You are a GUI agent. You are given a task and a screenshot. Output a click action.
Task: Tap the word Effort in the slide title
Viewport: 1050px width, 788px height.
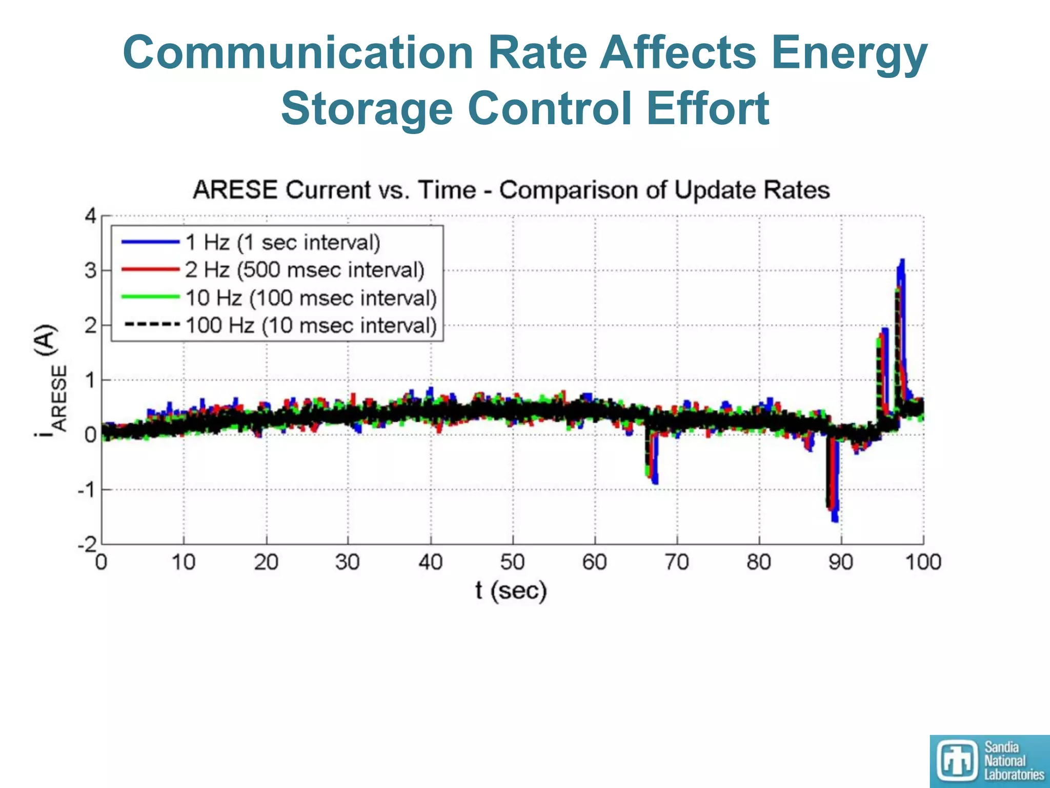[708, 109]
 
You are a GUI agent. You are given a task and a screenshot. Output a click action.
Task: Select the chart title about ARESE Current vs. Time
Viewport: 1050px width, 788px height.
[511, 190]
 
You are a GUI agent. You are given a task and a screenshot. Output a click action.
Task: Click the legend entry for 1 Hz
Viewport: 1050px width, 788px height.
[282, 242]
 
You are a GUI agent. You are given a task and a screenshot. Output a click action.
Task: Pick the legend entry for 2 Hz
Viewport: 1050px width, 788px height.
[305, 270]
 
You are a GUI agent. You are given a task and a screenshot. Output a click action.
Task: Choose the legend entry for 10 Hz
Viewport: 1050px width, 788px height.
[311, 298]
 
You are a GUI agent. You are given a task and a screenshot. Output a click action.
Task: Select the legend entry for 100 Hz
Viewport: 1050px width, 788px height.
[311, 326]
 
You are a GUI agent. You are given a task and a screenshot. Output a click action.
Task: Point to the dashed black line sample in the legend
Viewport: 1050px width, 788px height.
[151, 325]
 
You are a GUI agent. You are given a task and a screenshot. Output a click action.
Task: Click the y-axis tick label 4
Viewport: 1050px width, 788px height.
[90, 216]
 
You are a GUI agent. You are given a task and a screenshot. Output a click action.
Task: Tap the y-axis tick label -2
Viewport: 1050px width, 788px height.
[87, 544]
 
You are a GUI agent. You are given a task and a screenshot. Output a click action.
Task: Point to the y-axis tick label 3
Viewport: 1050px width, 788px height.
[90, 270]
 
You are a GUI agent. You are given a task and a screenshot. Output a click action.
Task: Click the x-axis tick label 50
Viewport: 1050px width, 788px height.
[512, 563]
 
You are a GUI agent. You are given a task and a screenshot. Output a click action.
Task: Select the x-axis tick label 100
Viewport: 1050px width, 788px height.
[923, 563]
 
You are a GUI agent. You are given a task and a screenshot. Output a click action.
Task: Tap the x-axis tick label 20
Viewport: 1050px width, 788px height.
[266, 563]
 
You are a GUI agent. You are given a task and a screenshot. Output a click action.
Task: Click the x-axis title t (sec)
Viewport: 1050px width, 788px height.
[511, 591]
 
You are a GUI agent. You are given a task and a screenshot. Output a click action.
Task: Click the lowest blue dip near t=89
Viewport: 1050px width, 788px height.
[835, 520]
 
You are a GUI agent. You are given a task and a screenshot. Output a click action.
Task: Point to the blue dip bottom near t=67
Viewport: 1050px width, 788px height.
[655, 482]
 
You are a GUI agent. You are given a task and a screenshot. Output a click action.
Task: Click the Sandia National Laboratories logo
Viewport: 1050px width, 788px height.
[989, 761]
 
